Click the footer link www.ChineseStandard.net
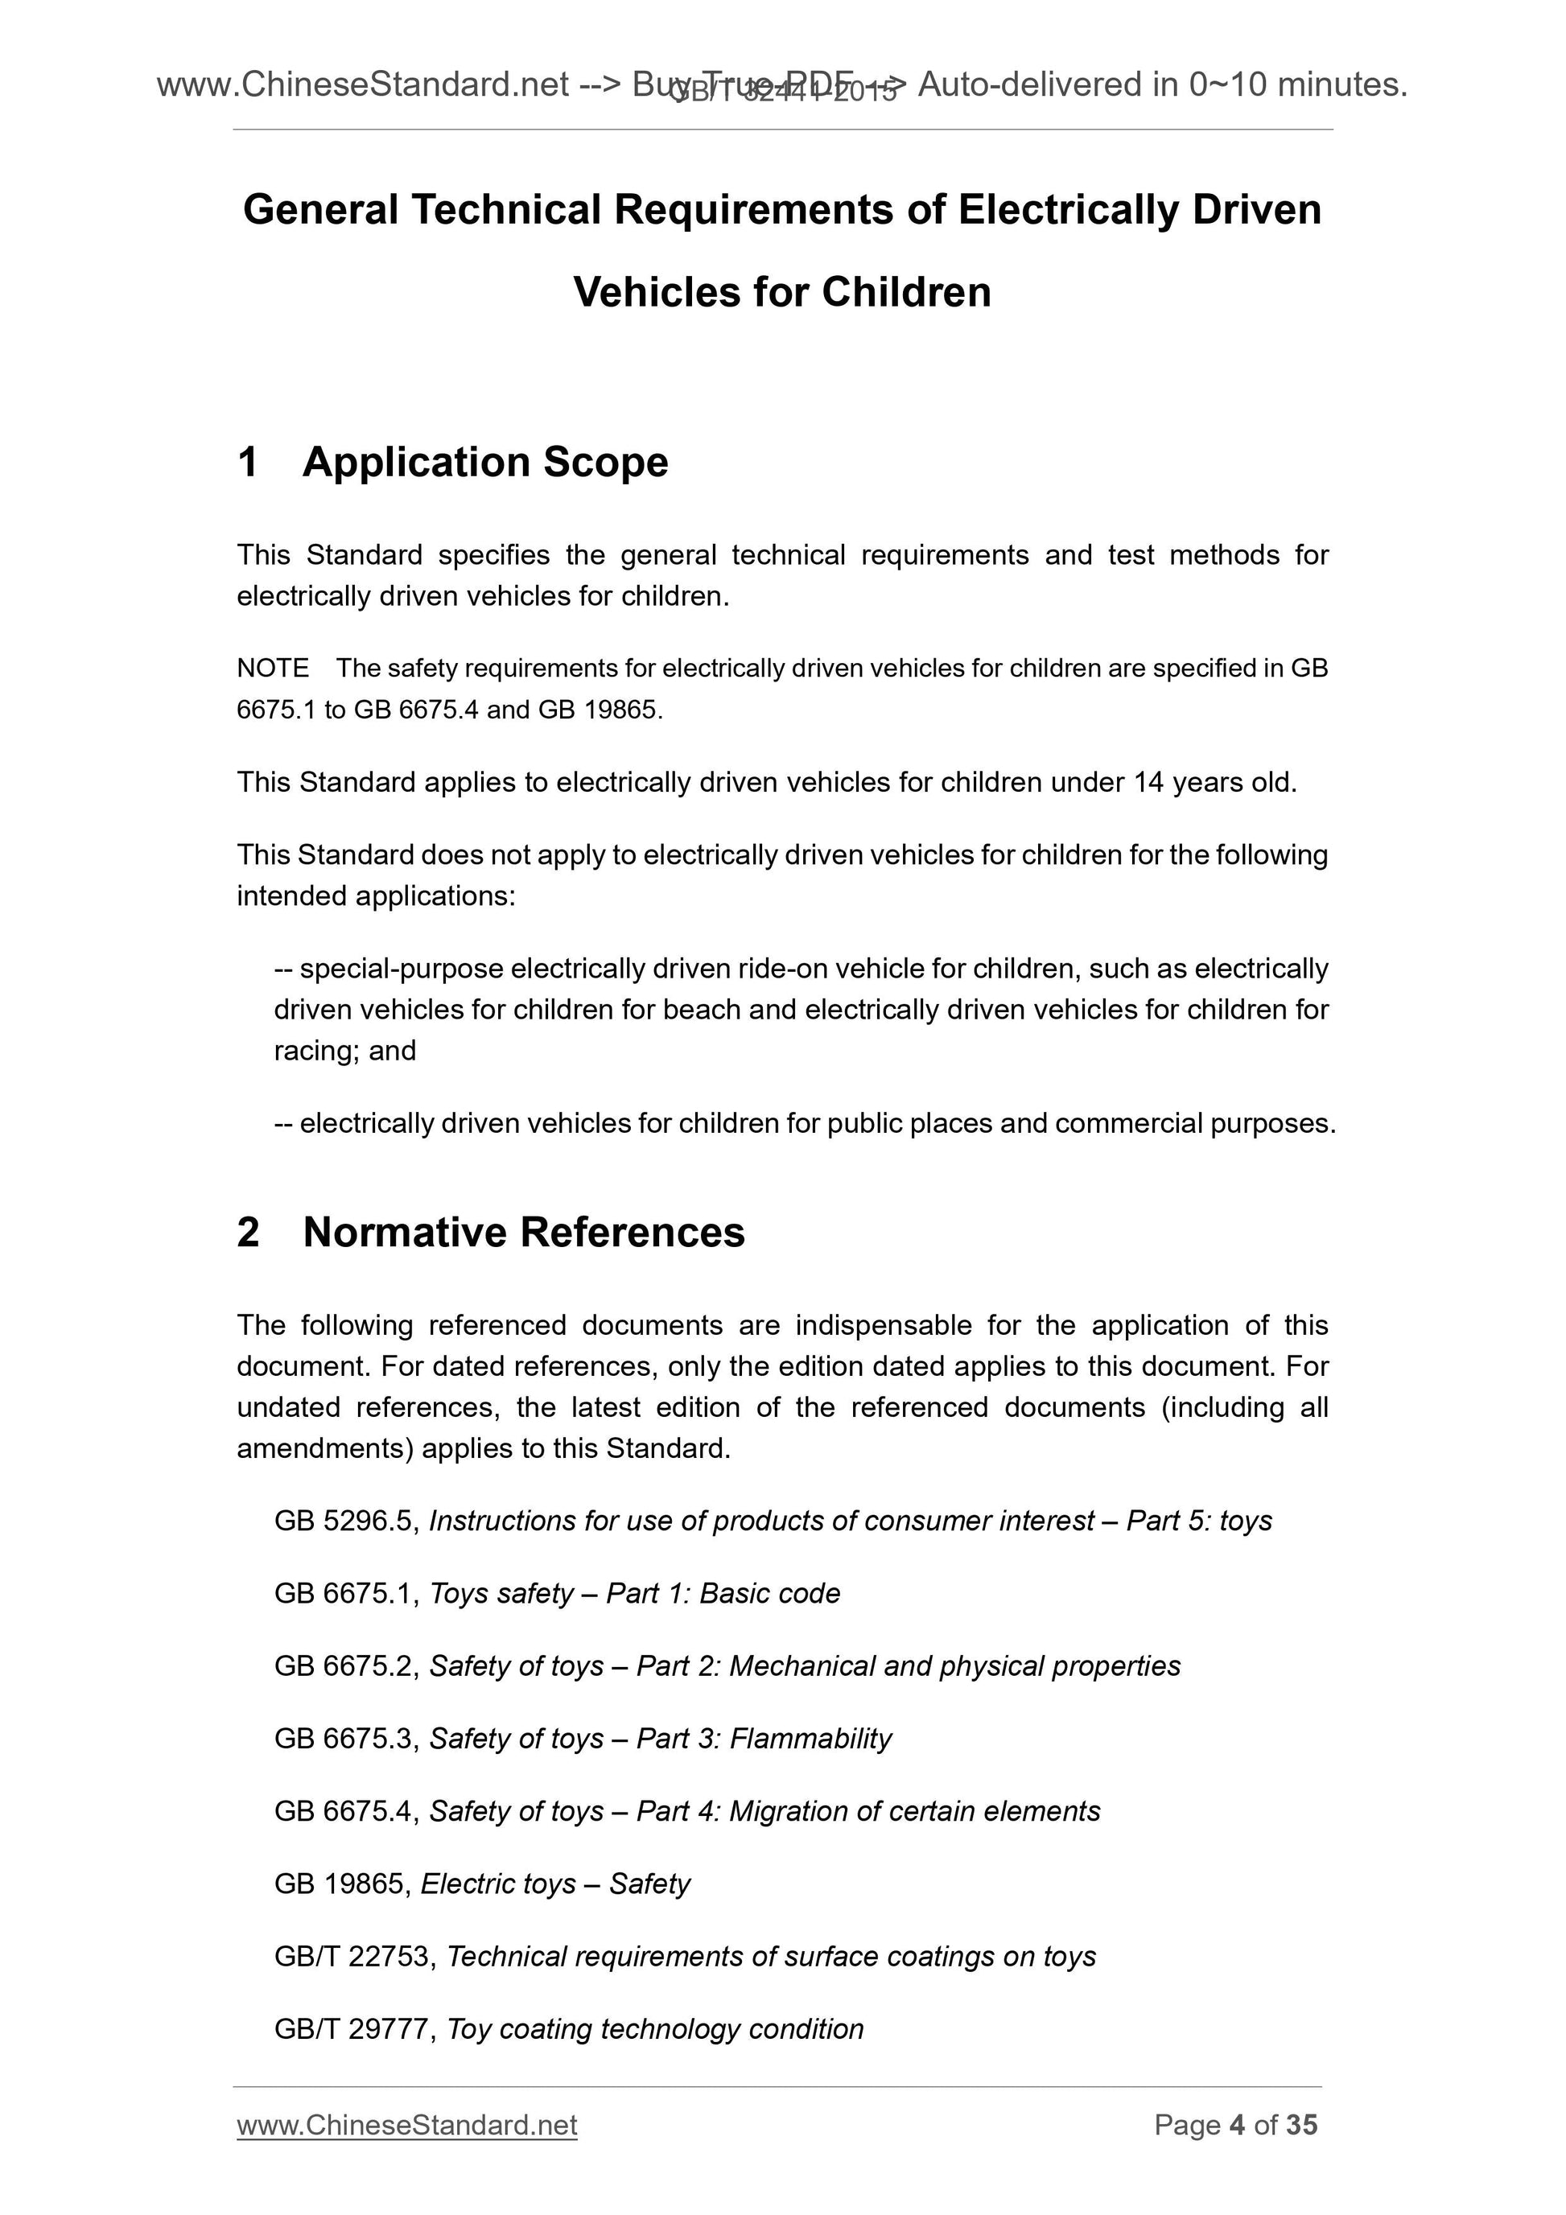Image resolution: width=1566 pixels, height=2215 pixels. [x=406, y=2124]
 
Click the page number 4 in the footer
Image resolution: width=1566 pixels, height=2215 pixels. [x=1237, y=2124]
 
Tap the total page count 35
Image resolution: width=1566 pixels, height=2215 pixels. [x=1301, y=2124]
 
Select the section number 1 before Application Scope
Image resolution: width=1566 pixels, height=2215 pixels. [x=248, y=462]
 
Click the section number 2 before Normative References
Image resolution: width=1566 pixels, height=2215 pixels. [x=248, y=1233]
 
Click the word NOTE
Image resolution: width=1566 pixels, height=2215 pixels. [x=273, y=668]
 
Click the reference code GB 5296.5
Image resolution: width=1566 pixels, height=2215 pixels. [x=346, y=1521]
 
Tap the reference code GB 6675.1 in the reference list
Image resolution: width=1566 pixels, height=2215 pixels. [x=346, y=1594]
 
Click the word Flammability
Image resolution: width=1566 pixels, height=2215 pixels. [x=810, y=1739]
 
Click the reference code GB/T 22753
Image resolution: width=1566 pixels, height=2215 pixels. [x=356, y=1957]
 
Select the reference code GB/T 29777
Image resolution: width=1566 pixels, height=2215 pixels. [x=356, y=2029]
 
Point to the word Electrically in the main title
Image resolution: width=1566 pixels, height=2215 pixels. [x=1067, y=209]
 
